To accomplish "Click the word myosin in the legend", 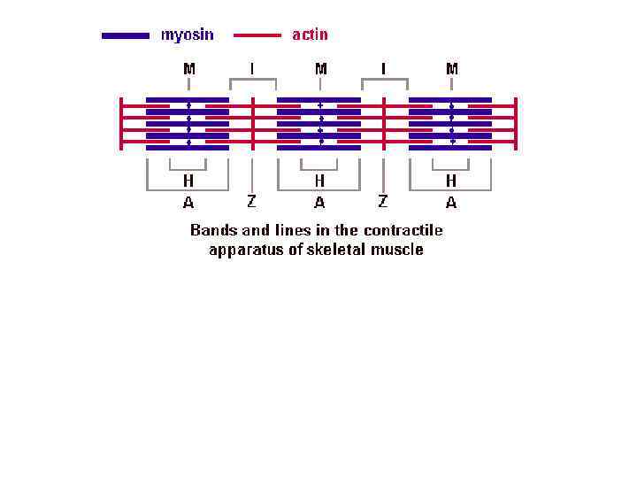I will tap(187, 35).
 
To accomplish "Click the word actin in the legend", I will tap(310, 35).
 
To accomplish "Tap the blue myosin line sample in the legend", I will tap(126, 36).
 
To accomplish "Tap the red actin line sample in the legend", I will tap(257, 36).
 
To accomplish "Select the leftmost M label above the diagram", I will tap(188, 68).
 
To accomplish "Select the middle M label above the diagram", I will tap(319, 68).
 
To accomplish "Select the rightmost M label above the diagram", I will tap(451, 68).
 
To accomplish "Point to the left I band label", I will tap(253, 68).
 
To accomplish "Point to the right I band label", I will tap(384, 68).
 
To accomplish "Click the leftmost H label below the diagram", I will tap(188, 181).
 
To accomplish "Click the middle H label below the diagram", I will tap(319, 181).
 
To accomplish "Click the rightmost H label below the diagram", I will tap(451, 181).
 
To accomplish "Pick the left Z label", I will tap(252, 202).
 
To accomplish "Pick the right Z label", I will tap(383, 202).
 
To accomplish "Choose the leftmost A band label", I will tap(188, 203).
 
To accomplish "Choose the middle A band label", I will tap(319, 203).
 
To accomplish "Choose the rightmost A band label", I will tap(451, 203).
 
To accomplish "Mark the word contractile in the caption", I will tap(403, 230).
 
